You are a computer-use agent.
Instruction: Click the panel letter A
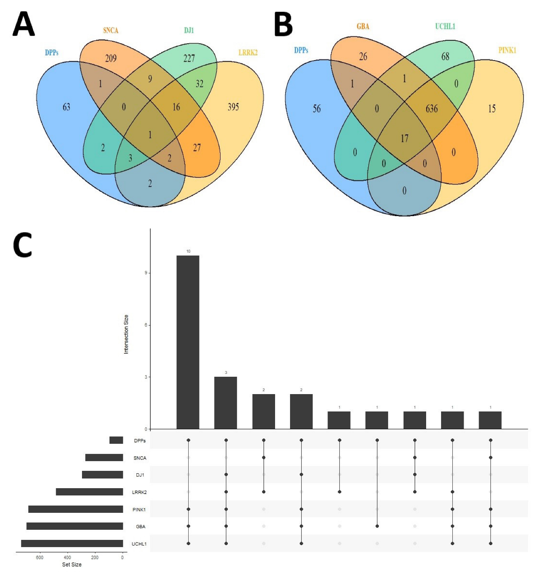click(24, 24)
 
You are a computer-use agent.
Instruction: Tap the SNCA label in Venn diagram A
click(110, 31)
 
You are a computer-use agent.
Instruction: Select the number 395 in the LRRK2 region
click(233, 107)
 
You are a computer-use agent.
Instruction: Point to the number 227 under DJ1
click(189, 59)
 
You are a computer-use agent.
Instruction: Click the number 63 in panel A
click(66, 107)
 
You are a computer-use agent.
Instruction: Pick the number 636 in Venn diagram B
click(431, 109)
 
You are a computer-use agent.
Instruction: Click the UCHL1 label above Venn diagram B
click(445, 27)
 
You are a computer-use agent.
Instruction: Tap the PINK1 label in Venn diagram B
click(507, 50)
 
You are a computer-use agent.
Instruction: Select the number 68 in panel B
click(445, 57)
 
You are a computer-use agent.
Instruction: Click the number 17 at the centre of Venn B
click(404, 139)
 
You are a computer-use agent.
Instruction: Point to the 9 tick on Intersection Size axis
click(146, 273)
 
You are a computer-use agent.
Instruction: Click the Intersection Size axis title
click(126, 334)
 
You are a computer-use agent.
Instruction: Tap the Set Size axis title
click(72, 565)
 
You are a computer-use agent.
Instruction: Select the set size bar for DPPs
click(116, 440)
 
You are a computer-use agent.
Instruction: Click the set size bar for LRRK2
click(89, 492)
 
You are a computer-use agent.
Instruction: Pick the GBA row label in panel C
click(141, 527)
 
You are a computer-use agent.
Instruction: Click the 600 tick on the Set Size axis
click(40, 558)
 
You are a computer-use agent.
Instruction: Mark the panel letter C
click(23, 245)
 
